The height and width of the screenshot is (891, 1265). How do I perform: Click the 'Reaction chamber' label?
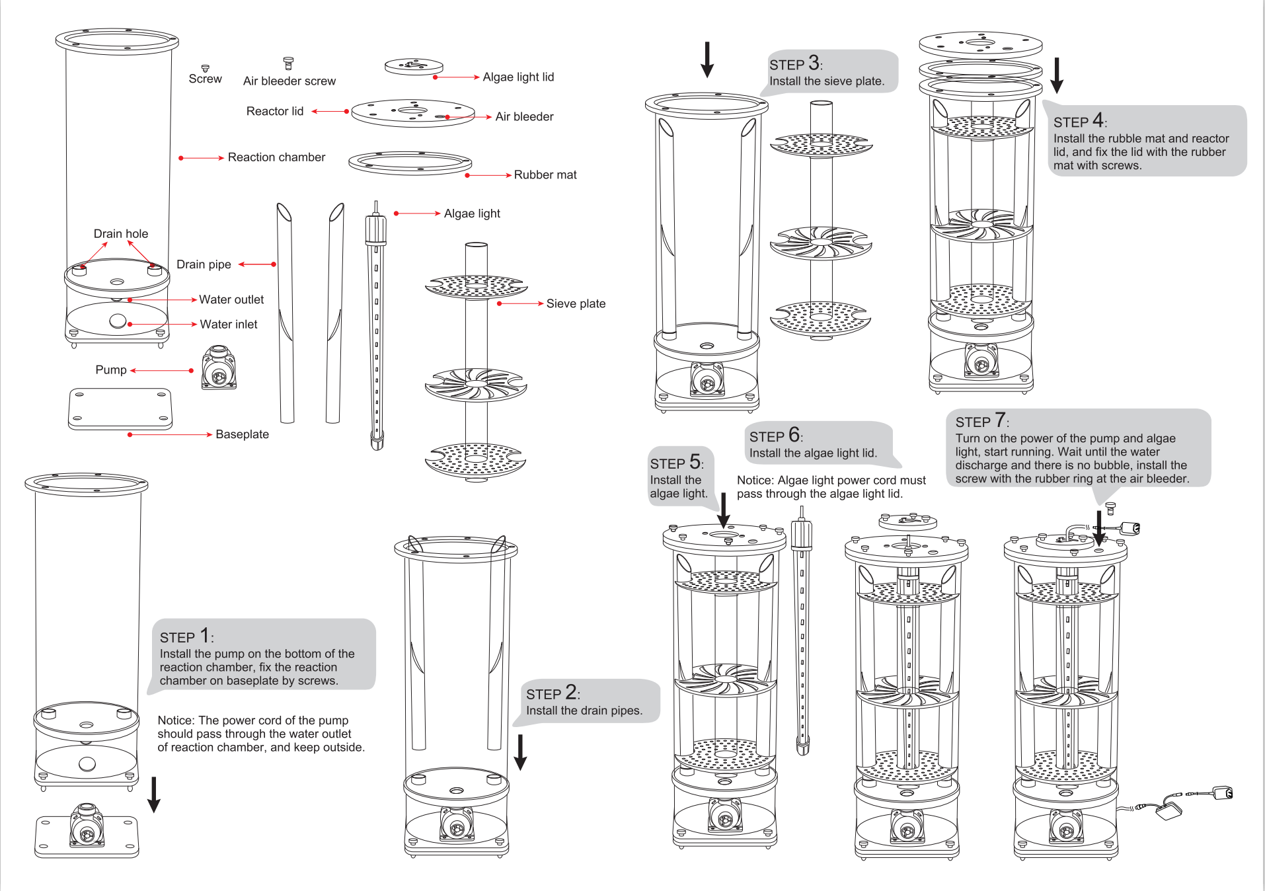[x=276, y=157]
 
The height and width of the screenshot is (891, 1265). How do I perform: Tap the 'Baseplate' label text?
[x=242, y=434]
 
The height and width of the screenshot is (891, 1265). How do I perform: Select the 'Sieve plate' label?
[x=576, y=303]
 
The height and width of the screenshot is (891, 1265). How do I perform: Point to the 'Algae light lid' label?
[x=518, y=77]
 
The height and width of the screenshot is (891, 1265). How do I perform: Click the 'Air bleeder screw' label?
[x=289, y=81]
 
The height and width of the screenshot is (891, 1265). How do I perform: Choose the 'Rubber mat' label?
[x=545, y=175]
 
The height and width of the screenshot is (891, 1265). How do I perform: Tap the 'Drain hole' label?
[x=121, y=234]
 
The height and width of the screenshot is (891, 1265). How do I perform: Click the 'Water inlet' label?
[x=229, y=325]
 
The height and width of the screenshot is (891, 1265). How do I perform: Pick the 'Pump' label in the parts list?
[x=111, y=370]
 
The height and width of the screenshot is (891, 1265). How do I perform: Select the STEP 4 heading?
[x=1079, y=121]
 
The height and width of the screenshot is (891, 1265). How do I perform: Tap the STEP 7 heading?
[x=981, y=421]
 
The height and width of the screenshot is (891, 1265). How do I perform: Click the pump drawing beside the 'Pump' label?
[x=219, y=368]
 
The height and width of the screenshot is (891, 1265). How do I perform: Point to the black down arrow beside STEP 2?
[x=521, y=752]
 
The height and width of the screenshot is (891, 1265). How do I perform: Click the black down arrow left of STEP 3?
[x=707, y=59]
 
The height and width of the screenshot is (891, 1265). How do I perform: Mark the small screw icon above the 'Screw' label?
[x=206, y=68]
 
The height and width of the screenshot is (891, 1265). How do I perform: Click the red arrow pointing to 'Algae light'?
[x=418, y=213]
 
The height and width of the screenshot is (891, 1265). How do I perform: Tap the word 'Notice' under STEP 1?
[x=175, y=720]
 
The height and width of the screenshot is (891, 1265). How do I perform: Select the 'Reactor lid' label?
[x=275, y=112]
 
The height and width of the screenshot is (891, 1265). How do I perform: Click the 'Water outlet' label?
[x=231, y=300]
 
